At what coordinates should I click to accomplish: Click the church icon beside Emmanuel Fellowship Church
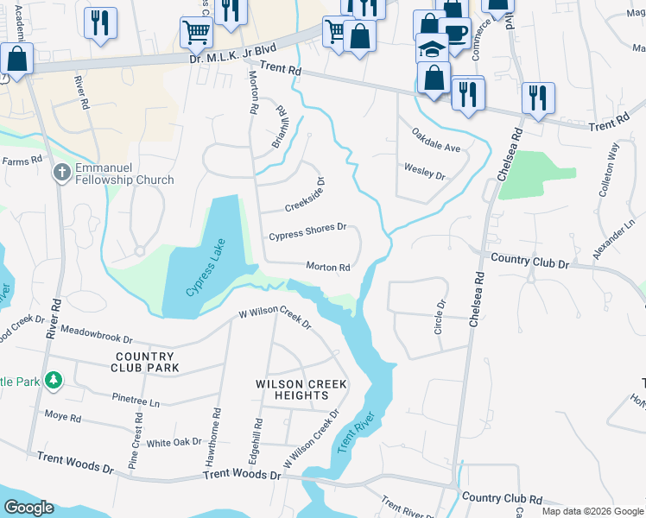[62, 172]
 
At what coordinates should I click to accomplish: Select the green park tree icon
[54, 380]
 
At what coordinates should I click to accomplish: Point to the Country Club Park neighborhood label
[144, 362]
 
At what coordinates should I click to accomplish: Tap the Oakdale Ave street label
[436, 141]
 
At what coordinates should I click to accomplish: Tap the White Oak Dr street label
[174, 443]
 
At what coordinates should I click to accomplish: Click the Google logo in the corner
[29, 508]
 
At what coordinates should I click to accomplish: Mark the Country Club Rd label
[502, 498]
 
